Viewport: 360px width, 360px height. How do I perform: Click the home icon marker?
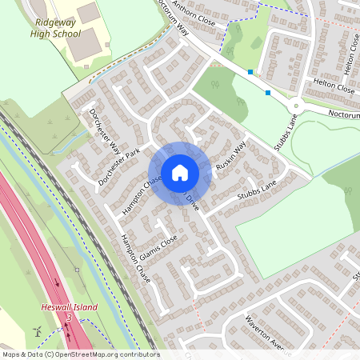click(180, 172)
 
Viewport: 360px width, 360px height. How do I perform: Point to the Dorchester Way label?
click(104, 132)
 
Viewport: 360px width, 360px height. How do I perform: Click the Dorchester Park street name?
click(118, 166)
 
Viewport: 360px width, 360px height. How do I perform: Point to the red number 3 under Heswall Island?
click(69, 318)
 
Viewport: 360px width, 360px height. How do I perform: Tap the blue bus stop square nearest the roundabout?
click(267, 93)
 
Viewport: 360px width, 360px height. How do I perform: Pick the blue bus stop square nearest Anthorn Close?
click(250, 72)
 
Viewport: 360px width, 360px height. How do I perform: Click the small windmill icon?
click(35, 330)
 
